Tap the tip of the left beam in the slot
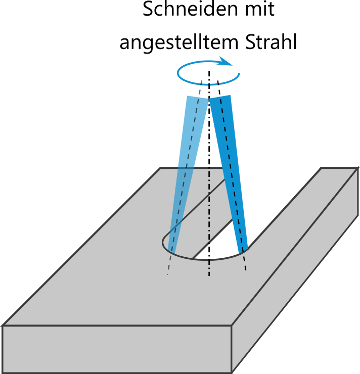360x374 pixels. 172,250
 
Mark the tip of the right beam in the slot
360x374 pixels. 244,249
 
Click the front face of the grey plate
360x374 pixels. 116,349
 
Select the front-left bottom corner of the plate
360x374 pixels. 4,372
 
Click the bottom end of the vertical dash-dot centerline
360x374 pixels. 209,276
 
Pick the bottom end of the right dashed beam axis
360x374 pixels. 246,269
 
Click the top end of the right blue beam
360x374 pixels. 220,97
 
